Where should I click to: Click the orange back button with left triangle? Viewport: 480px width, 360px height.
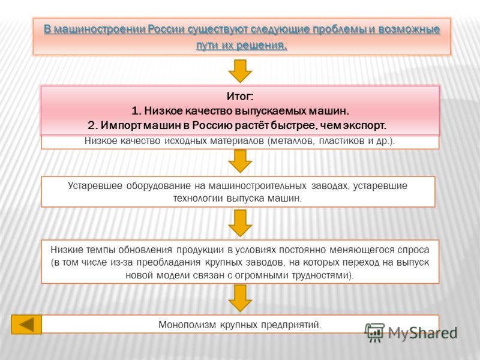26,325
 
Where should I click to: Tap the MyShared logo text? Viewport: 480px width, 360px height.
423,333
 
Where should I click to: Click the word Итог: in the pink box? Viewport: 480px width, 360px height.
240,97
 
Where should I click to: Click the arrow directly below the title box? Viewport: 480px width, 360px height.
241,71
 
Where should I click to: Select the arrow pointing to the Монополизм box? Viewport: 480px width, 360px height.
241,298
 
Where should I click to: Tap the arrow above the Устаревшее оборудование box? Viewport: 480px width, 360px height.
241,161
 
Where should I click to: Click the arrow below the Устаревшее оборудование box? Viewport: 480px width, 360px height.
241,223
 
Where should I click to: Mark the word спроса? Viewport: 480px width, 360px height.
413,250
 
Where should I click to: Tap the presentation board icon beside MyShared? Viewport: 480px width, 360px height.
374,332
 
